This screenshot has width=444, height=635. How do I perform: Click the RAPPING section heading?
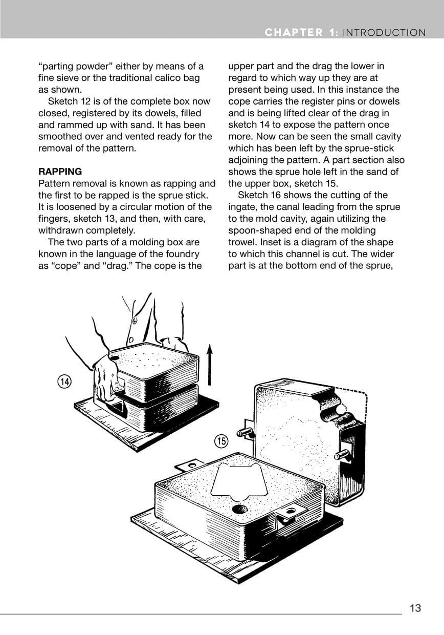(60, 172)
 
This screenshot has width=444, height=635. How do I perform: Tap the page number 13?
(415, 608)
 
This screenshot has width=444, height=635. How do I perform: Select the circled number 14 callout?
(64, 382)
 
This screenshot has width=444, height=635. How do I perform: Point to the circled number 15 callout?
(221, 440)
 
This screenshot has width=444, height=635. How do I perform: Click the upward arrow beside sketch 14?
(209, 365)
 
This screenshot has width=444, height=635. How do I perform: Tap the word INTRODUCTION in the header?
(384, 33)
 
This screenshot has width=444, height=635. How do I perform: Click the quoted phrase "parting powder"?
(76, 66)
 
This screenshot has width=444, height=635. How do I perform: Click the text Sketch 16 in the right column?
(262, 195)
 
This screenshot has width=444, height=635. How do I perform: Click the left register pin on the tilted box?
(245, 433)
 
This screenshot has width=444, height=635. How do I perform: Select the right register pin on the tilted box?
(342, 454)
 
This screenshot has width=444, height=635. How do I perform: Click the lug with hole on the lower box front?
(293, 513)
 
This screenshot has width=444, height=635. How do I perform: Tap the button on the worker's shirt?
(135, 322)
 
